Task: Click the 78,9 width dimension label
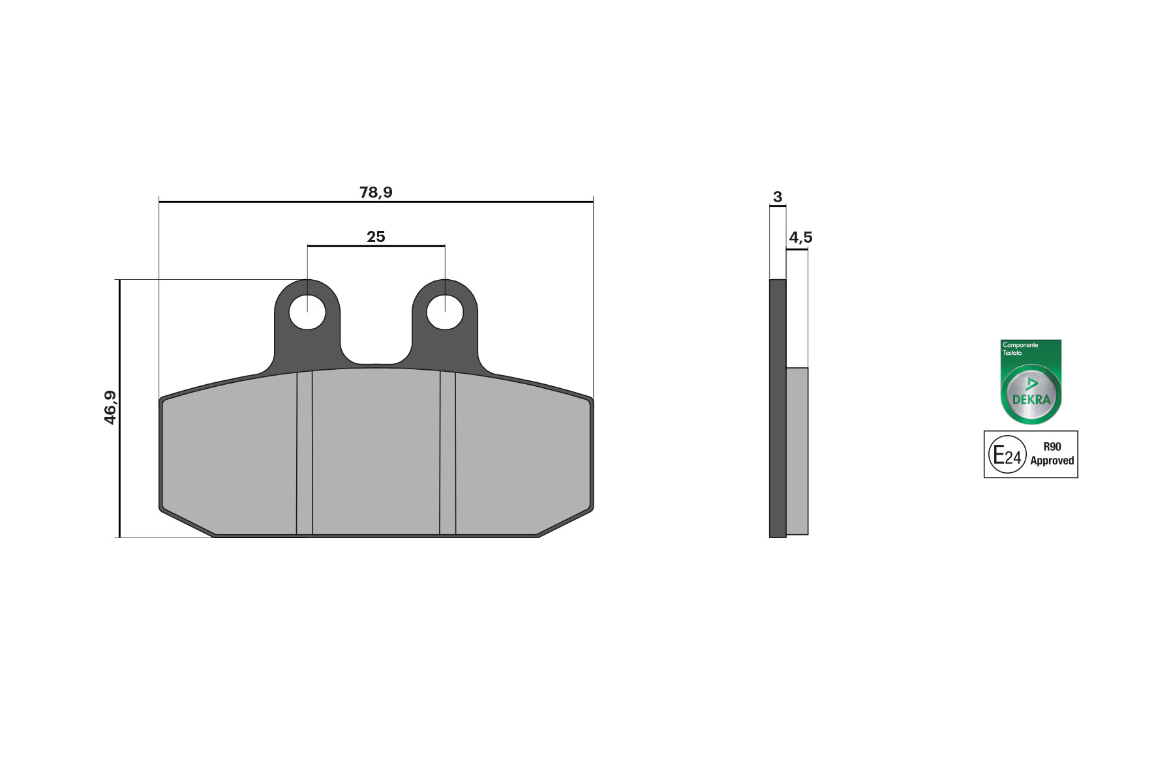click(x=376, y=192)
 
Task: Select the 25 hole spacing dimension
click(x=376, y=237)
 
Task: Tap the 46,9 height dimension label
click(x=110, y=408)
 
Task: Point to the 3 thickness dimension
click(x=777, y=197)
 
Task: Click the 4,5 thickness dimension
click(x=800, y=237)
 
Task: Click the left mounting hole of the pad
click(x=307, y=312)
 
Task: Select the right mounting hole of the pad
click(x=445, y=312)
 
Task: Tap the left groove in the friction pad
click(x=305, y=453)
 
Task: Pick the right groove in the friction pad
click(x=448, y=453)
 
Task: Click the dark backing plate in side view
click(x=778, y=408)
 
